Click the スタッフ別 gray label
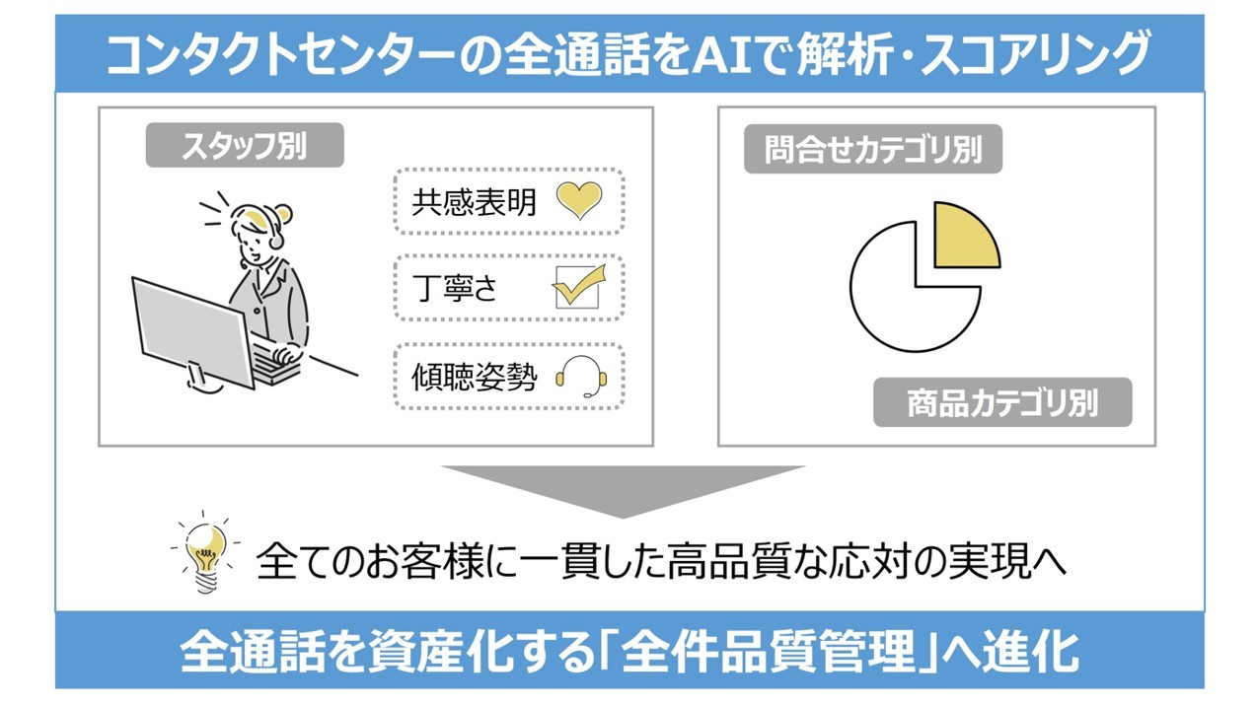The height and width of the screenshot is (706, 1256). (x=244, y=146)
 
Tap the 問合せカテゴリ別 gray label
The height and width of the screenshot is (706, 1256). (x=872, y=151)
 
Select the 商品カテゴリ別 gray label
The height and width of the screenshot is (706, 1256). (x=1001, y=403)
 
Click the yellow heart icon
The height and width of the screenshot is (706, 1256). (x=577, y=201)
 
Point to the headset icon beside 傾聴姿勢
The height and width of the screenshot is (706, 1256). (x=577, y=375)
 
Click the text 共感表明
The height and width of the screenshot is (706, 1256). (x=474, y=202)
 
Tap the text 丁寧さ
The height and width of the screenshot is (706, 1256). (x=455, y=288)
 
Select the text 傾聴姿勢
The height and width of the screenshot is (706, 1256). (x=474, y=376)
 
